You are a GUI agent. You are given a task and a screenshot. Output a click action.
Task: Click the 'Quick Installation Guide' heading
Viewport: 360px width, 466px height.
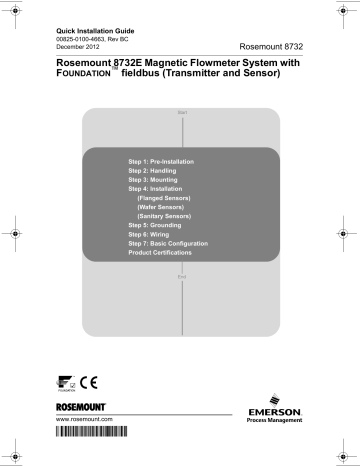[x=92, y=31]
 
